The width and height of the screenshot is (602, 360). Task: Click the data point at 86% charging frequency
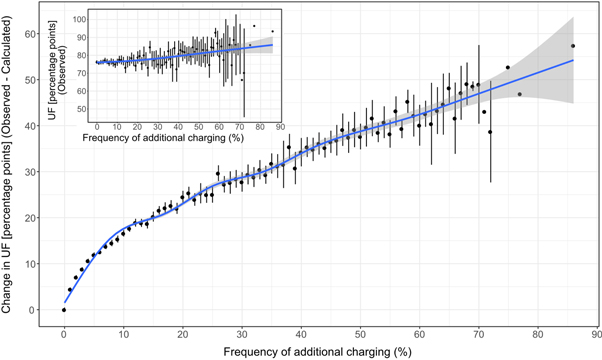573,46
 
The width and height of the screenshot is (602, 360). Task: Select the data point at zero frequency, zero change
64,310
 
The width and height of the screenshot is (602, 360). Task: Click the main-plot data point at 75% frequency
508,67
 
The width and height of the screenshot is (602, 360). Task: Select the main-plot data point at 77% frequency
520,94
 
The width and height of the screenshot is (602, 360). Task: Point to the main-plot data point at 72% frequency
490,132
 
